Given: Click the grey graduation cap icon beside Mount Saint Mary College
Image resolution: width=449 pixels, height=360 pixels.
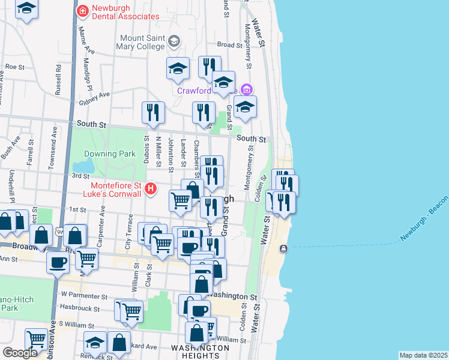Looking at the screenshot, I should click(x=175, y=41).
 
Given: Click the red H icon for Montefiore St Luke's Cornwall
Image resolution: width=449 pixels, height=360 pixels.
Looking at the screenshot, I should click(x=151, y=189).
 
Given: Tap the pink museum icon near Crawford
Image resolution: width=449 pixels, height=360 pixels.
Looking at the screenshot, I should click(x=246, y=90).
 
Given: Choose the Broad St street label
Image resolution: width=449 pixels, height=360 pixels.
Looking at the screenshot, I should click(x=229, y=44).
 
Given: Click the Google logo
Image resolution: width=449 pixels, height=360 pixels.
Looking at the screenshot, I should click(x=20, y=353).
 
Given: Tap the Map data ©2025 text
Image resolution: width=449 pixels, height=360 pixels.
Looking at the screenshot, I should click(x=423, y=355).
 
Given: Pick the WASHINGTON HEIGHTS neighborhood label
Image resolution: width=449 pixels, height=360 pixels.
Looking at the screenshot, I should click(x=200, y=352).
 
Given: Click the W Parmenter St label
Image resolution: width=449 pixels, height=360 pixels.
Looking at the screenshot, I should click(x=84, y=296).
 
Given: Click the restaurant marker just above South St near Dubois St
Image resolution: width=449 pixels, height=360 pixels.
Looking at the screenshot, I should click(x=153, y=113).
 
